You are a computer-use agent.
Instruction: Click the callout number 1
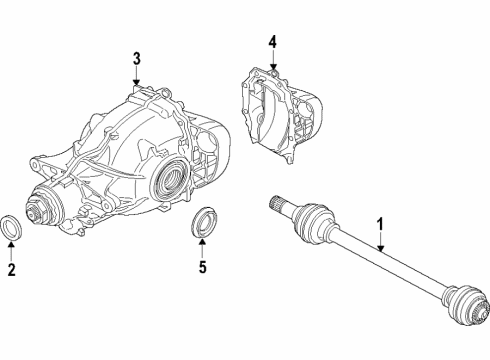click(x=379, y=225)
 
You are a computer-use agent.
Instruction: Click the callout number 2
click(x=10, y=269)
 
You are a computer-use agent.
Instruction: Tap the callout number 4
click(x=272, y=43)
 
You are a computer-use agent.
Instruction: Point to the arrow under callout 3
click(x=137, y=78)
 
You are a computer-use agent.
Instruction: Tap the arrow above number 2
click(x=10, y=250)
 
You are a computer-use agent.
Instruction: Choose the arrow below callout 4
click(x=272, y=60)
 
